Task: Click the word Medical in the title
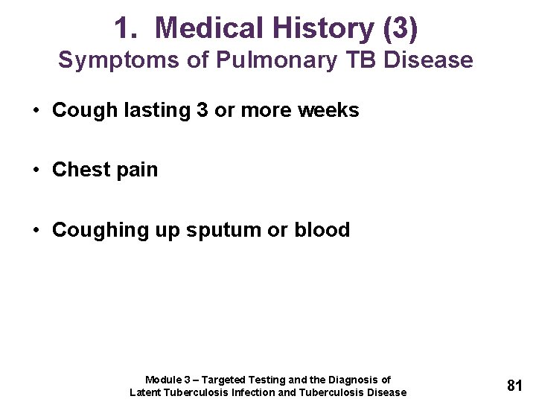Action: (210, 28)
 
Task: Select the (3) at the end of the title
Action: (400, 28)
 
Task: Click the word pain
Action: (138, 170)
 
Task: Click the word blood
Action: (322, 230)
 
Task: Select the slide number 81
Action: (514, 386)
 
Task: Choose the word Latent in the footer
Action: (147, 392)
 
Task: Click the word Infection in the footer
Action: (254, 392)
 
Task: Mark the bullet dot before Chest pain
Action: (36, 170)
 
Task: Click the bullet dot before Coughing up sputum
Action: (36, 231)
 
